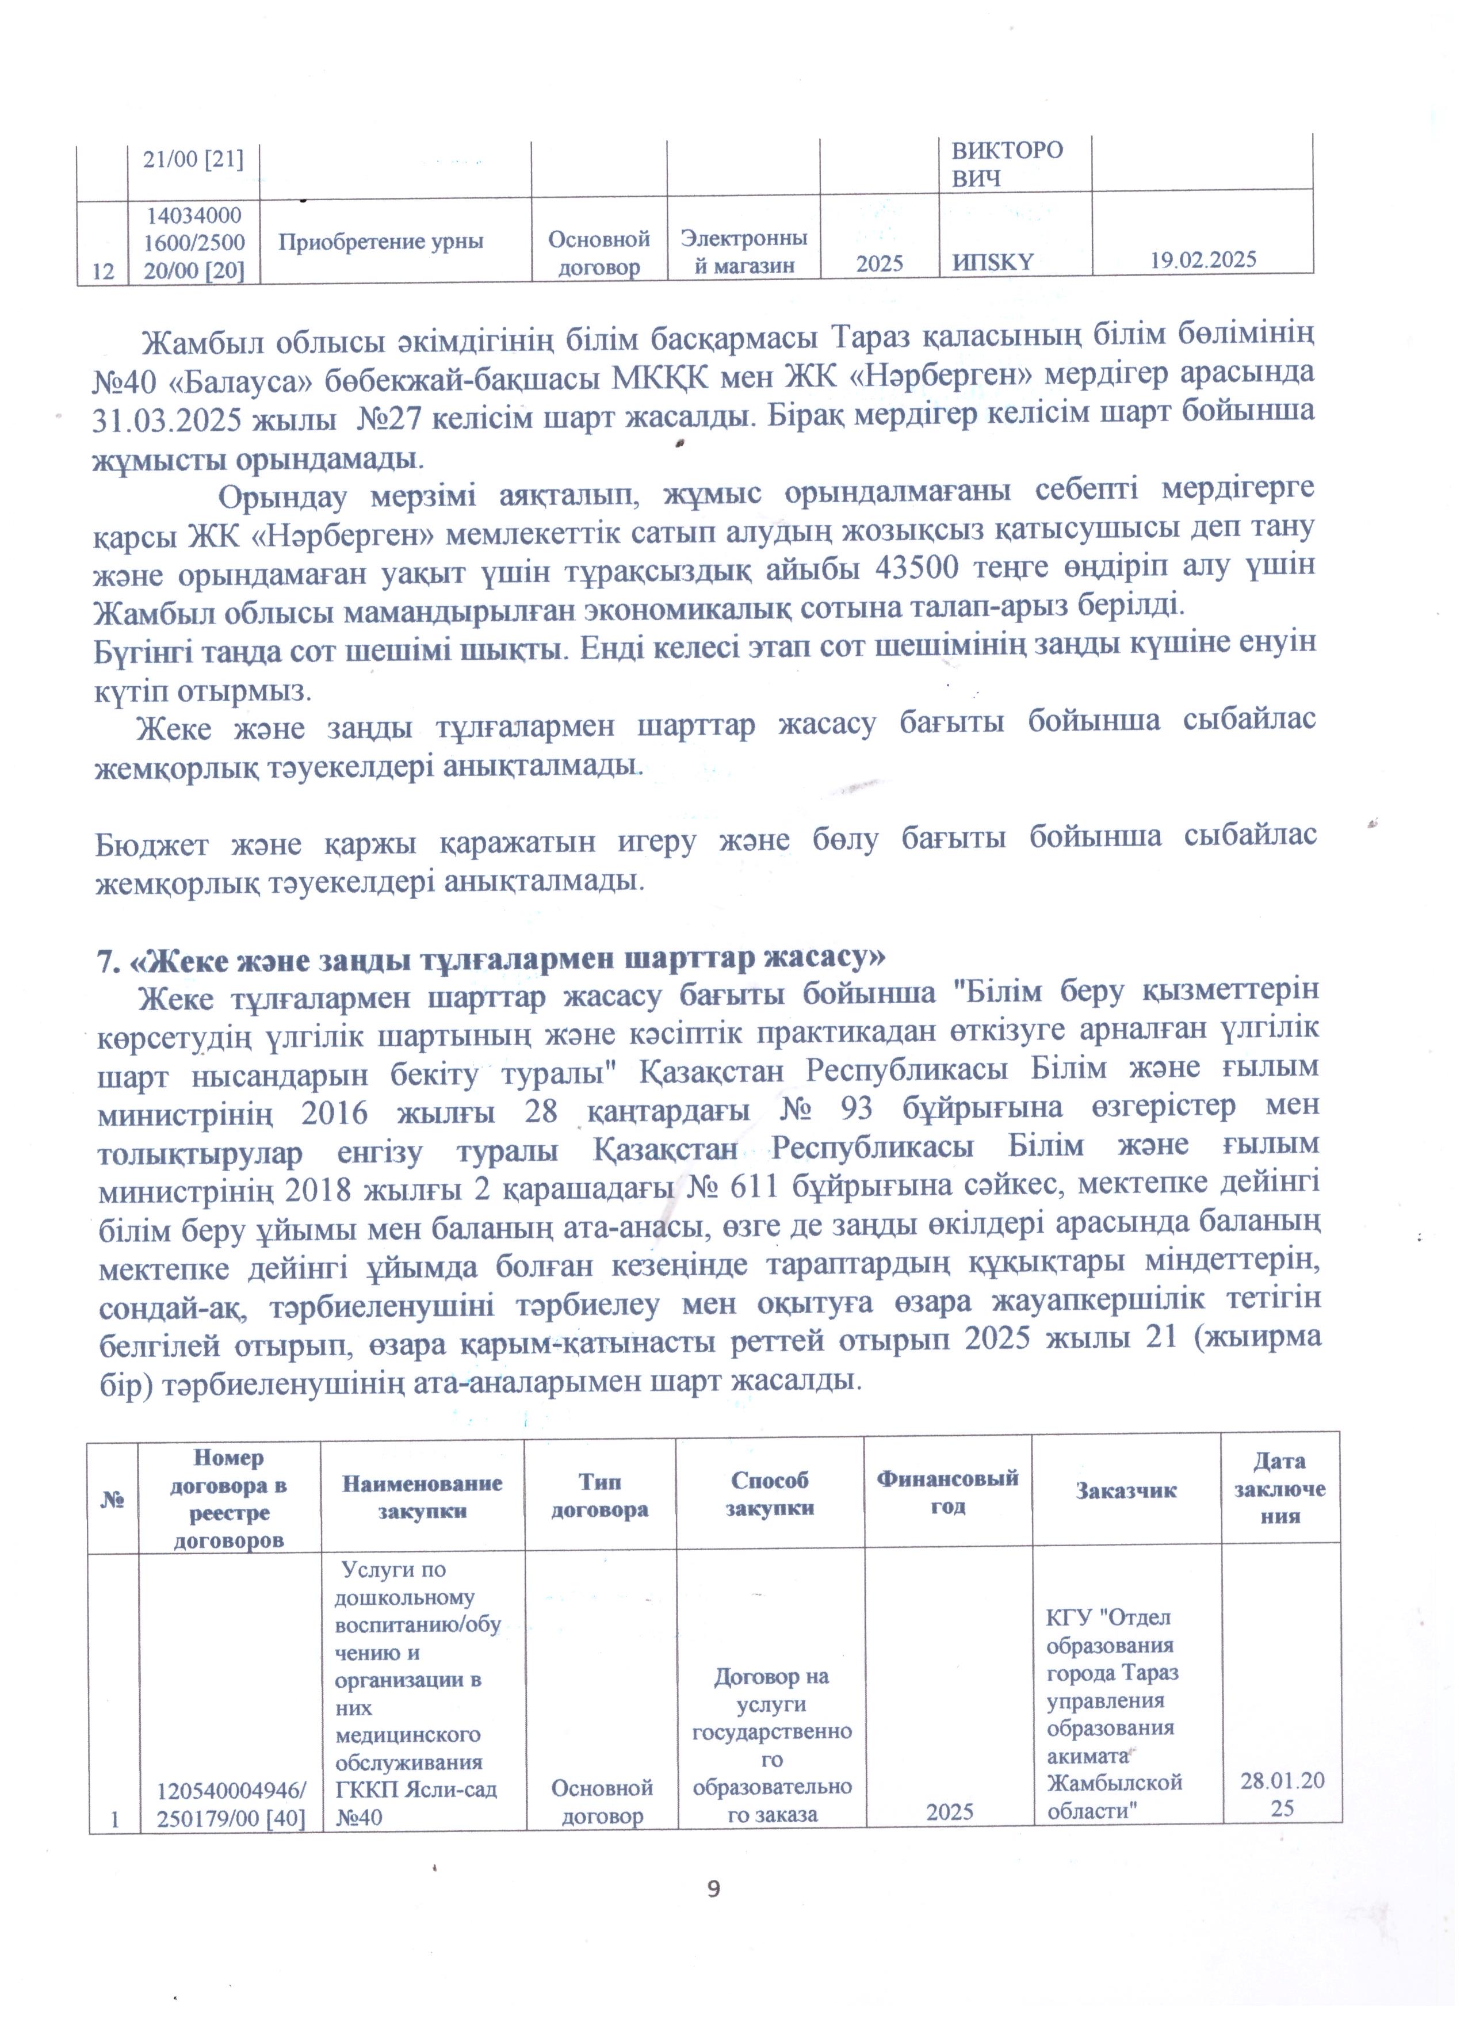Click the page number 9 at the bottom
coord(713,1889)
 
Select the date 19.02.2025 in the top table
coord(1203,260)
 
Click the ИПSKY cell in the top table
coord(993,262)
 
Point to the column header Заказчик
coord(1126,1490)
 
